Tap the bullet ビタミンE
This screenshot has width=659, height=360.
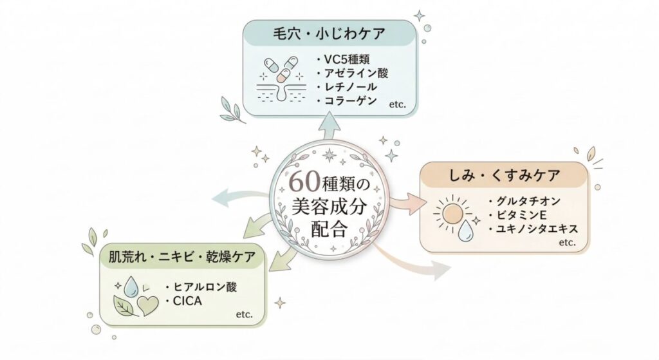click(519, 214)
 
